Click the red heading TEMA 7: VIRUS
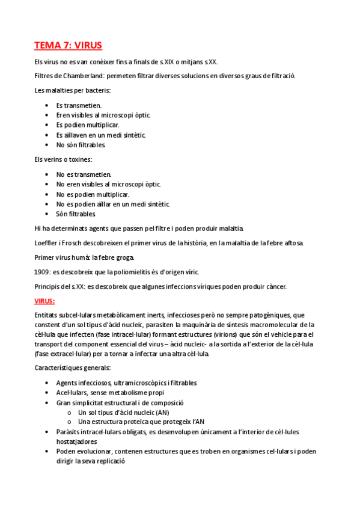pyautogui.click(x=68, y=45)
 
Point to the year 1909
pyautogui.click(x=42, y=272)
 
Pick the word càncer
pyautogui.click(x=274, y=286)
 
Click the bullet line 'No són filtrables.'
pyautogui.click(x=81, y=145)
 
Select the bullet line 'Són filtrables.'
pyautogui.click(x=76, y=214)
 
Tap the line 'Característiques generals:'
pyautogui.click(x=72, y=368)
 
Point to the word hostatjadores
pyautogui.click(x=79, y=441)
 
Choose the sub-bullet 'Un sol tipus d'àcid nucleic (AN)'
pyautogui.click(x=123, y=412)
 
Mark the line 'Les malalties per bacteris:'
pyautogui.click(x=73, y=90)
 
